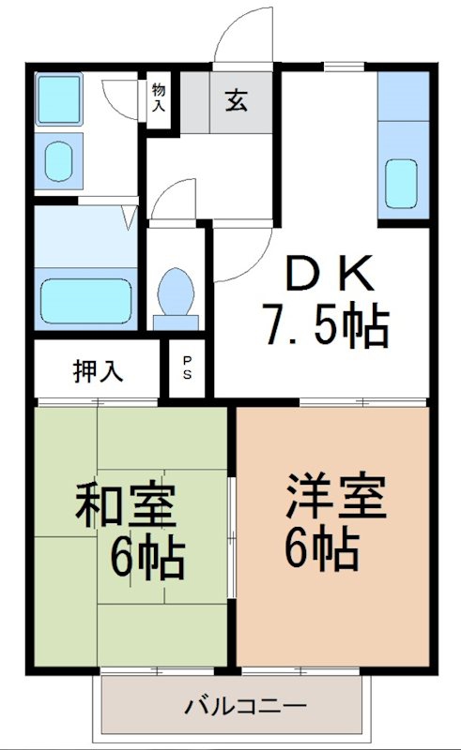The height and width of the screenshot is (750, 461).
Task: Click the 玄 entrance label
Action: point(237,101)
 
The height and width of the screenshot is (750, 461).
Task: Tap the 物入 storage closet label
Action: point(159,97)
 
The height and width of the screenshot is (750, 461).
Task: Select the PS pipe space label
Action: point(187,367)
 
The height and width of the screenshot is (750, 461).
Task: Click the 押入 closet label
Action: point(99,370)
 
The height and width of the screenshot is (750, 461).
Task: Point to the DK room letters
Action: point(330,273)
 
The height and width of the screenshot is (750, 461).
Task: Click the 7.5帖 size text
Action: point(327,326)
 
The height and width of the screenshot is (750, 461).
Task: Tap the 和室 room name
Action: point(126,505)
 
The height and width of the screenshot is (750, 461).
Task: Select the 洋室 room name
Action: point(336,496)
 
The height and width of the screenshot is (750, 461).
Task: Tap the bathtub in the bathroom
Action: point(86,300)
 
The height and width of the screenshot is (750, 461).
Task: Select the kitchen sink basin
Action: point(401,184)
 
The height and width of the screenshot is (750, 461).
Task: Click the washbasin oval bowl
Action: point(59,161)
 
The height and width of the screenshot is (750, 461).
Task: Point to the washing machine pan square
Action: point(58,99)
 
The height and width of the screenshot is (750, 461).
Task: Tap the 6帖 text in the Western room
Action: point(322,548)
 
